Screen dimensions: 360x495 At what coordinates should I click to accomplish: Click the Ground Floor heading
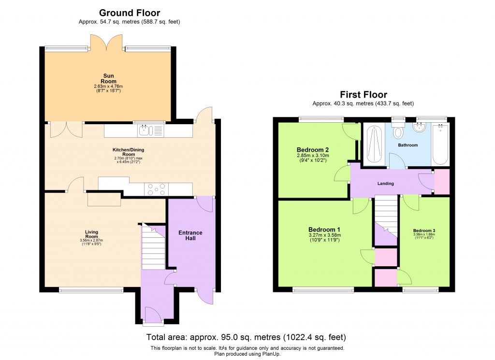coord(130,13)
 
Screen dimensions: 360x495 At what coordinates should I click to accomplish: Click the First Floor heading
coord(363,95)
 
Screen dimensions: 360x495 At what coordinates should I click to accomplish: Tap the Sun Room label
coord(108,78)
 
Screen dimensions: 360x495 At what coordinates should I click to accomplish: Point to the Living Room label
coord(91,234)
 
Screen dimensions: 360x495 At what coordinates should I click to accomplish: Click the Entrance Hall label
coord(190,236)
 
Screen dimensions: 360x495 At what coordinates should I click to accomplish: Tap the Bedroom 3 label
coord(424,230)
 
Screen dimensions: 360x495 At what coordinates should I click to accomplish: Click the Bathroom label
coord(408,145)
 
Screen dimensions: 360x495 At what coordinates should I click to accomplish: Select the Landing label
coord(386,184)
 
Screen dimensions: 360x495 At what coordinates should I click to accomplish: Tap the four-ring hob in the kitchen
coord(156,189)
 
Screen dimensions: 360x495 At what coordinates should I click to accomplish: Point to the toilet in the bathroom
coord(398,131)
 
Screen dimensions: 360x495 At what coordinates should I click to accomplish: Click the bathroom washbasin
coord(420,128)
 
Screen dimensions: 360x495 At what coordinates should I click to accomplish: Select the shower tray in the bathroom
coord(374,144)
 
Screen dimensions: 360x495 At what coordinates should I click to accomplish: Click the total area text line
coord(247,337)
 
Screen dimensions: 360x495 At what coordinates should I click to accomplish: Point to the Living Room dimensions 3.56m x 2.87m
coord(91,241)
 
